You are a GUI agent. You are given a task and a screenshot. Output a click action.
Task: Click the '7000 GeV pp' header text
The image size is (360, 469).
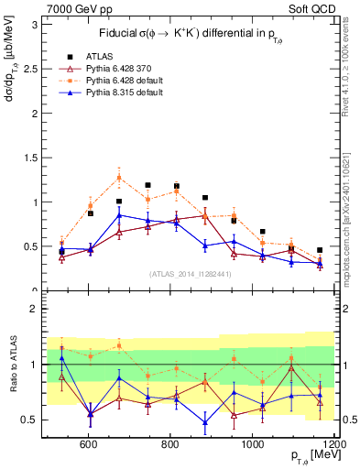coord(73,8)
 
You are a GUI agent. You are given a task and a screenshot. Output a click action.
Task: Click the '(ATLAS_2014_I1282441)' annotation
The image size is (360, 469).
coord(190,274)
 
